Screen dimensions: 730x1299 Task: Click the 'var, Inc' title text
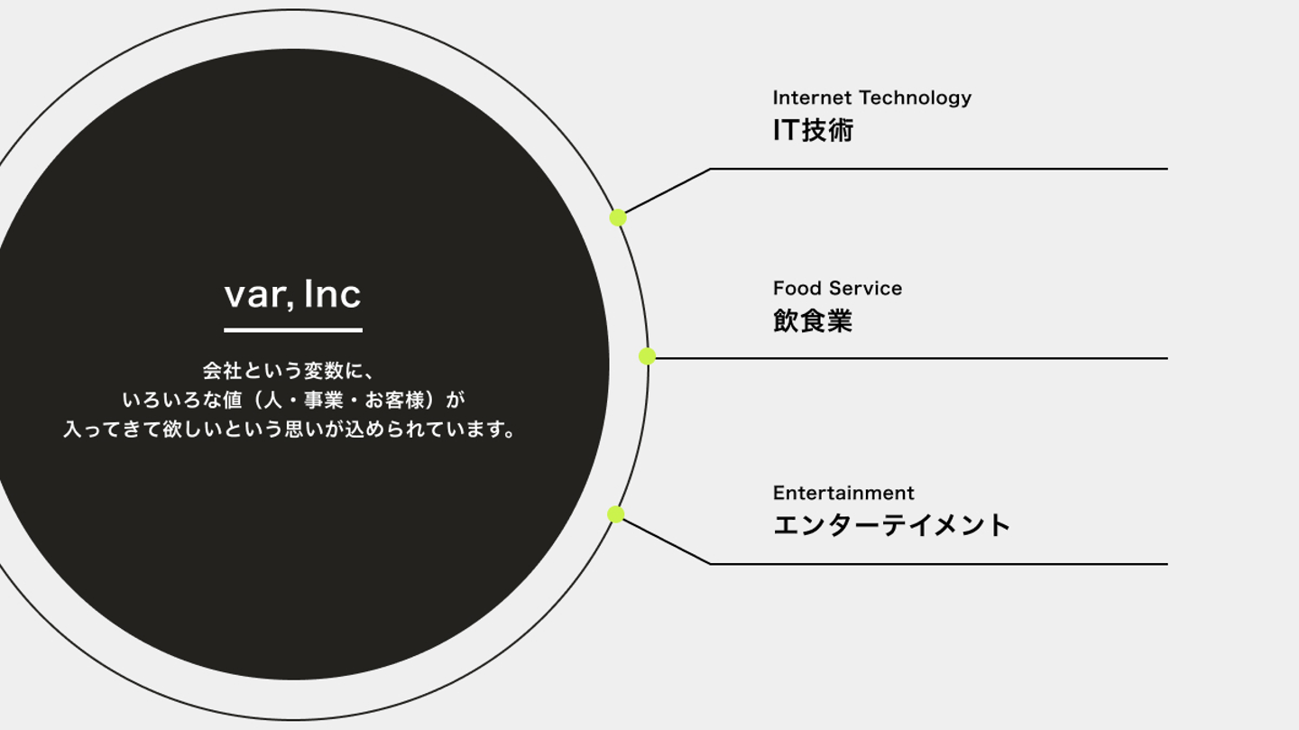point(292,294)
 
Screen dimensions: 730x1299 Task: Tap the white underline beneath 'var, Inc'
point(292,330)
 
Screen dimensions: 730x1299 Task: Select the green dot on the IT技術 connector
point(618,217)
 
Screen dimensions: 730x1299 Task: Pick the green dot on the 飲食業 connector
point(647,356)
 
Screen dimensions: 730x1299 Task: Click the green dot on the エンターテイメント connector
point(616,514)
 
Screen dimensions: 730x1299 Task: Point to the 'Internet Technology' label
point(871,97)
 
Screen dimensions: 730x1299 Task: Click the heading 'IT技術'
point(813,131)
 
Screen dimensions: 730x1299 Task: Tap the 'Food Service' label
point(837,289)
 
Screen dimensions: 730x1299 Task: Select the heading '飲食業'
point(812,321)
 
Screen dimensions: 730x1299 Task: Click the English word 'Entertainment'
point(843,493)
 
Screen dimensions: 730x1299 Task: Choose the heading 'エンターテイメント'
point(891,525)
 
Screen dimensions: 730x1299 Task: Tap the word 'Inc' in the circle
point(332,294)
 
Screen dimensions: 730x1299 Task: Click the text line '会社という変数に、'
point(288,370)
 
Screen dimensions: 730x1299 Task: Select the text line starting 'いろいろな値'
point(293,400)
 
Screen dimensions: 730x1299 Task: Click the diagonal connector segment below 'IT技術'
point(668,191)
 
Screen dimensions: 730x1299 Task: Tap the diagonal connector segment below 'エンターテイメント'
point(666,541)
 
